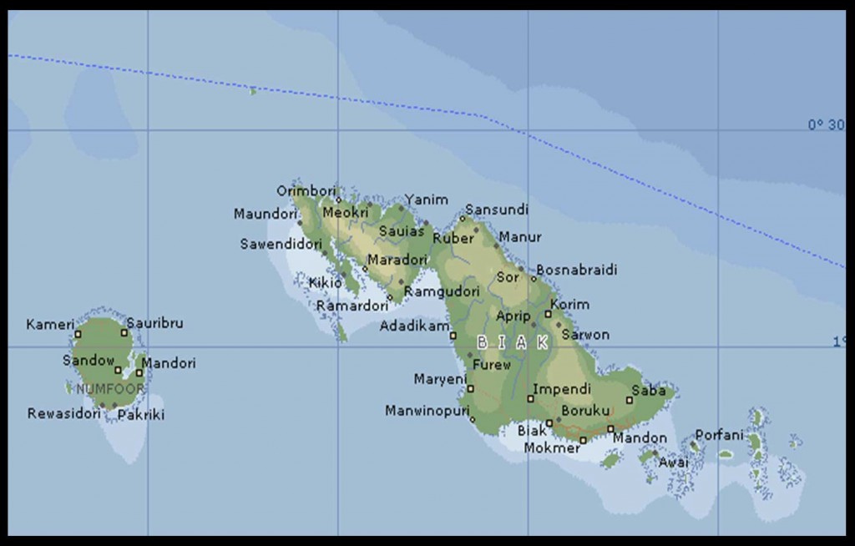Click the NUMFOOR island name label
(x=110, y=389)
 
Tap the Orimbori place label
(x=306, y=190)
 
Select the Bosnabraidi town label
(x=576, y=270)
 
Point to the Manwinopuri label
(x=427, y=411)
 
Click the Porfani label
(x=719, y=435)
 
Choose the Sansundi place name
(x=497, y=209)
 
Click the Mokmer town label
(x=552, y=448)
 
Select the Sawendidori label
(x=281, y=245)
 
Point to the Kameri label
(x=50, y=324)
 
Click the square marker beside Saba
(x=630, y=400)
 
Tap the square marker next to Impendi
(x=530, y=398)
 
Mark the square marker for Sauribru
(x=124, y=332)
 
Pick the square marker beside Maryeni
(x=470, y=388)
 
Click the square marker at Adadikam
(x=453, y=336)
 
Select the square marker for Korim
(x=549, y=314)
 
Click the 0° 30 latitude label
(x=826, y=124)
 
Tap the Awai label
(x=674, y=463)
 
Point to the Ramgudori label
(x=442, y=291)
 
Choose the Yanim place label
(x=427, y=200)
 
